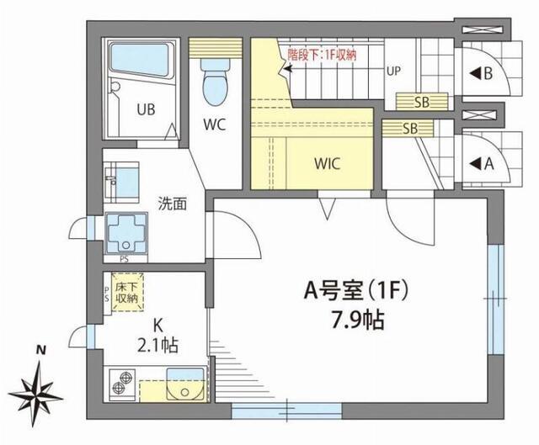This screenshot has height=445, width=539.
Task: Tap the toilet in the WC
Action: tap(214, 82)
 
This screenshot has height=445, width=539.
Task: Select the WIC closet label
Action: tap(328, 163)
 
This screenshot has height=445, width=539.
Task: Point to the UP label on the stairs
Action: tap(392, 71)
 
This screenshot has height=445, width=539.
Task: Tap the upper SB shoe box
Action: tap(410, 101)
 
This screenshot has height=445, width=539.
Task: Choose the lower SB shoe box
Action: tap(410, 129)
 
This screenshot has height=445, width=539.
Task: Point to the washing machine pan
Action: tap(125, 230)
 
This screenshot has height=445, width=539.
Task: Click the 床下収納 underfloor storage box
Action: tap(127, 293)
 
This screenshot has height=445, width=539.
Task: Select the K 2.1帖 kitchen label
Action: tap(157, 335)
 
